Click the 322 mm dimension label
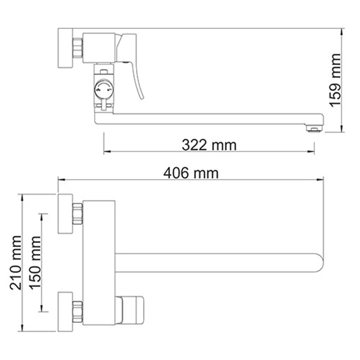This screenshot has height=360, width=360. point(209,145)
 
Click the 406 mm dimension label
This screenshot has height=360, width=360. point(191,173)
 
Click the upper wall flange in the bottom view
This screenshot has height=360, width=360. point(65,214)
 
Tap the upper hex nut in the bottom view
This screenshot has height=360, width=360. point(78,214)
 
